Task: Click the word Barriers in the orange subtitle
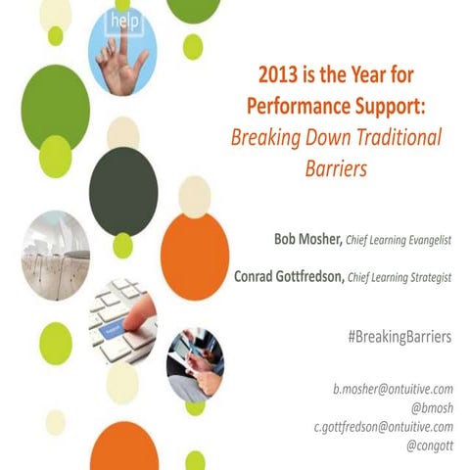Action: [x=335, y=167]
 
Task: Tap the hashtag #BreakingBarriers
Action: [x=399, y=337]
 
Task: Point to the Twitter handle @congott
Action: [x=429, y=446]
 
